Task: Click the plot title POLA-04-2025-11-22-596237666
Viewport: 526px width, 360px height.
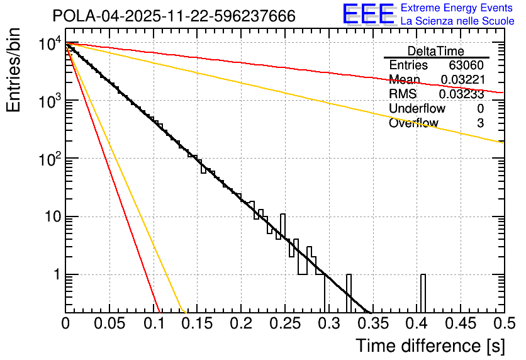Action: pyautogui.click(x=174, y=16)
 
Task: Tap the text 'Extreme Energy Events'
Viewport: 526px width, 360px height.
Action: pyautogui.click(x=457, y=8)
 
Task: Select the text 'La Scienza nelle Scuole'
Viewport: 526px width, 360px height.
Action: pyautogui.click(x=457, y=21)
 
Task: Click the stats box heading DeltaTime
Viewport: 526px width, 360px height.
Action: pyautogui.click(x=436, y=51)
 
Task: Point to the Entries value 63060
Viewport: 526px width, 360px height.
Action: pyautogui.click(x=466, y=65)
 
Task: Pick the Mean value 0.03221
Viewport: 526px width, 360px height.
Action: pyautogui.click(x=462, y=80)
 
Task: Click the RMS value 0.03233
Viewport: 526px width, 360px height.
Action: pyautogui.click(x=461, y=94)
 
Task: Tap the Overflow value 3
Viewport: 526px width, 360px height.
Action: pyautogui.click(x=480, y=123)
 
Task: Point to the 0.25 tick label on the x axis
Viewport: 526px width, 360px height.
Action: pyautogui.click(x=284, y=323)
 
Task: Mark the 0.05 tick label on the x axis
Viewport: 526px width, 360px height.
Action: pyautogui.click(x=109, y=323)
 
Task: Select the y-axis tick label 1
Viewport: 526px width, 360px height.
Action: pyautogui.click(x=55, y=275)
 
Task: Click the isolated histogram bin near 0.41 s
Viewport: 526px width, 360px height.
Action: pyautogui.click(x=423, y=293)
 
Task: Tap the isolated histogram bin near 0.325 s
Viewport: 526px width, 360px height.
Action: pyautogui.click(x=349, y=293)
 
